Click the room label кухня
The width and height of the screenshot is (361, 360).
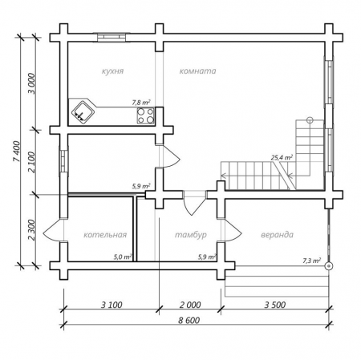coord(112,71)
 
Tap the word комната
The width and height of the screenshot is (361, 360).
coord(197,71)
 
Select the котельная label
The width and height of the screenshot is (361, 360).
coord(105,235)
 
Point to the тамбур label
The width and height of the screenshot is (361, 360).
coord(191,235)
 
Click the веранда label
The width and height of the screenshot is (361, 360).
coord(277,235)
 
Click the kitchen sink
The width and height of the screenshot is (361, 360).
coord(83,113)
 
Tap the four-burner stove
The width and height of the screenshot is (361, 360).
coord(146,115)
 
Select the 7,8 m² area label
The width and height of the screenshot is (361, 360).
coord(141,103)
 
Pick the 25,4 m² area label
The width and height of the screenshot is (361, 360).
coord(282,157)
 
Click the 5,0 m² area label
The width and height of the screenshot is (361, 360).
coord(123,257)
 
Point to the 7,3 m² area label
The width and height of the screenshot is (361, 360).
coord(312,261)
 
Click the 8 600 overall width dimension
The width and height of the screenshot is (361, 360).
coord(189,320)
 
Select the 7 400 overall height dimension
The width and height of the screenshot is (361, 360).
coord(17,152)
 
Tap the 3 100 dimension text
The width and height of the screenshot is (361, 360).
coord(112,305)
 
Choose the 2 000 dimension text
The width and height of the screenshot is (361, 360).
coord(190,305)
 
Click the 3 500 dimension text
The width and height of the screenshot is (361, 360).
coord(275,305)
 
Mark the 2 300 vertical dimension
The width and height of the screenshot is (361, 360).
coord(32,230)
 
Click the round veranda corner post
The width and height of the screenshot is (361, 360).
coord(328,266)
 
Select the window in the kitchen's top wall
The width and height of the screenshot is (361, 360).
coord(112,38)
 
